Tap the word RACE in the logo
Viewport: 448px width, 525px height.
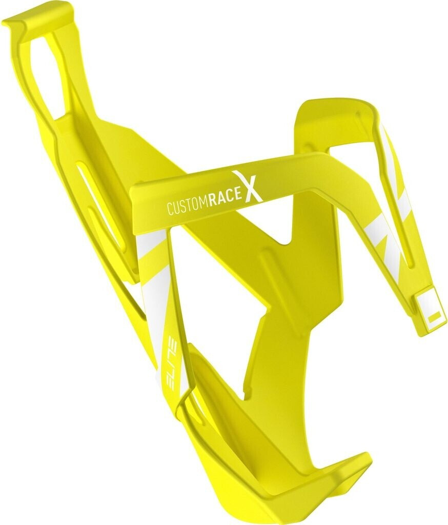pyautogui.click(x=225, y=200)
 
